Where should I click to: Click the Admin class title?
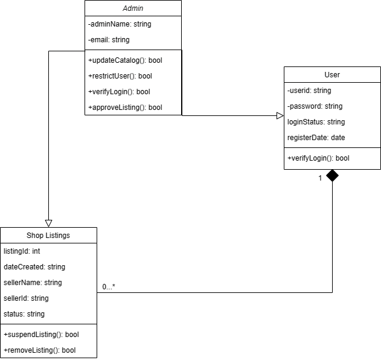(133, 8)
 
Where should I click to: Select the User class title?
(332, 75)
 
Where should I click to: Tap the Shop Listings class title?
(48, 235)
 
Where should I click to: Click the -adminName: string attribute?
(120, 24)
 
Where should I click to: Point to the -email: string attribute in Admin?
(109, 40)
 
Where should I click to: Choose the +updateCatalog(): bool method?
(125, 60)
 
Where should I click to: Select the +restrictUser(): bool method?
(120, 76)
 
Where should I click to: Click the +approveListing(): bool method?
(125, 108)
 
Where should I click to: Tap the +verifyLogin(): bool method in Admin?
(119, 92)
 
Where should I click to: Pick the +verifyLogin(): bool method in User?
(318, 158)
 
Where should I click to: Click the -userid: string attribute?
(309, 91)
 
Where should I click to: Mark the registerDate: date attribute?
(316, 138)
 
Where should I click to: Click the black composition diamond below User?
(332, 176)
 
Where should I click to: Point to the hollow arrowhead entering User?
(280, 115)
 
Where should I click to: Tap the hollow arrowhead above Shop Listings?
(48, 223)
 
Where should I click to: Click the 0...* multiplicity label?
(109, 287)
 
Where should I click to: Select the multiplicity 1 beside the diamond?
(320, 178)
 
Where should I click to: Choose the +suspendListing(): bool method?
(41, 334)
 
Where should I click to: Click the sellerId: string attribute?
(26, 298)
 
